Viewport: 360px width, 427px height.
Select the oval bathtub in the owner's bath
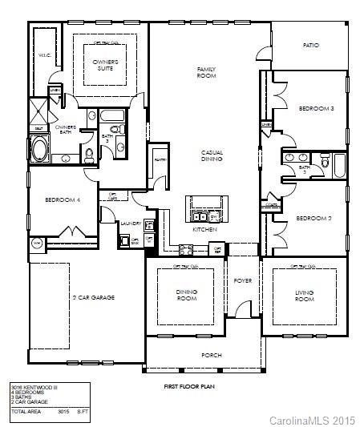tap(39, 149)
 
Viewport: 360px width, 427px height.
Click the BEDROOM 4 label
tap(61, 199)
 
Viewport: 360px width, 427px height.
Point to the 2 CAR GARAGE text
tap(93, 298)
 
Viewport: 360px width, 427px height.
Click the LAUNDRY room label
tap(131, 224)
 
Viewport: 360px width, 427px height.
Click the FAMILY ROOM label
tap(207, 73)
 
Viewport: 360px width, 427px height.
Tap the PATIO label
tap(311, 46)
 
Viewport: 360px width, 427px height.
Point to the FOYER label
tap(243, 281)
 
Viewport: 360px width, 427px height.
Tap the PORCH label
tap(211, 355)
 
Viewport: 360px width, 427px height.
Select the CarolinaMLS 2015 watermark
tap(312, 420)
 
